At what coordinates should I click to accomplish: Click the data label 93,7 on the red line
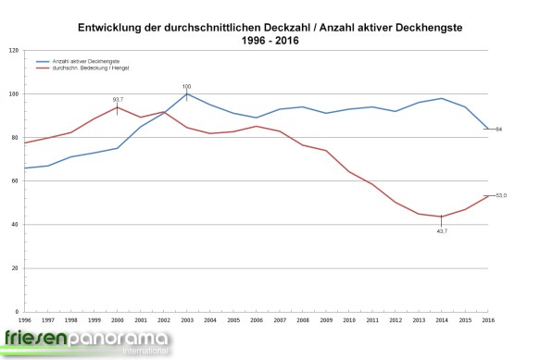[118, 99]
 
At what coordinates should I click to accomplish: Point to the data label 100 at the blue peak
[187, 86]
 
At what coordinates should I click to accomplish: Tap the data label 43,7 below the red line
[442, 230]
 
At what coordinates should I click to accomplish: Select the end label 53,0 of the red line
[501, 195]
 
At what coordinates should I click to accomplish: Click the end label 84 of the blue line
[498, 129]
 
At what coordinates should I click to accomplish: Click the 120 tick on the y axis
[14, 51]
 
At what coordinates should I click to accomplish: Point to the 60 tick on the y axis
[15, 181]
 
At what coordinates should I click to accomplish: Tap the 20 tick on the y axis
[15, 268]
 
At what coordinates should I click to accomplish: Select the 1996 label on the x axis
[25, 319]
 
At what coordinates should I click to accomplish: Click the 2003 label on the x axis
[187, 319]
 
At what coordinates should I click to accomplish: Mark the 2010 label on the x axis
[349, 319]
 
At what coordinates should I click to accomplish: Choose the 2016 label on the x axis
[488, 319]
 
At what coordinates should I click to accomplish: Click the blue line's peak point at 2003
[187, 94]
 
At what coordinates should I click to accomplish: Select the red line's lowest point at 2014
[442, 217]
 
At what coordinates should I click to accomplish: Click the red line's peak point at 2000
[118, 107]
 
